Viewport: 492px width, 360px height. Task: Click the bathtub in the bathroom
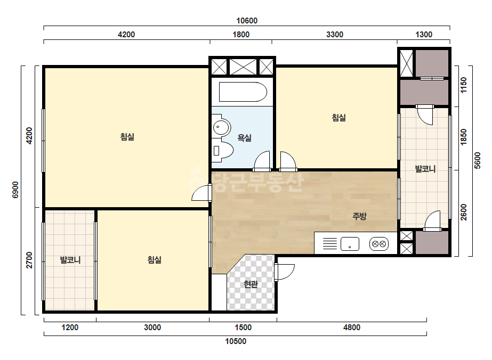click(x=243, y=92)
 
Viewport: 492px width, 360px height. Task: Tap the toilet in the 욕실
click(x=223, y=151)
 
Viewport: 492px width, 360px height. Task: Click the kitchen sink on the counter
click(x=350, y=244)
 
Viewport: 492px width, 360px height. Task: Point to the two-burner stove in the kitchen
click(x=379, y=244)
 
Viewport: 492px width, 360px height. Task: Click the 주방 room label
click(x=359, y=216)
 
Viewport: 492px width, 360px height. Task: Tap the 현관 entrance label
click(x=251, y=284)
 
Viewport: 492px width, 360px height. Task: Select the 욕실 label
click(x=245, y=138)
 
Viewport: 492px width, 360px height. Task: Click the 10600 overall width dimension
click(x=247, y=21)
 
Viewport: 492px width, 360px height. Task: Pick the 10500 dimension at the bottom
click(x=236, y=341)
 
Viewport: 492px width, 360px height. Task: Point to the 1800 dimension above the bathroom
click(x=241, y=35)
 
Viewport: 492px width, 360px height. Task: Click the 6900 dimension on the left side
click(x=15, y=190)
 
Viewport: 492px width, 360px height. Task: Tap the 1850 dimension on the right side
click(x=463, y=137)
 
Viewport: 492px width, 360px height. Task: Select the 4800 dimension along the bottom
click(x=352, y=328)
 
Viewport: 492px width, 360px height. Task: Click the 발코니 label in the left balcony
click(x=70, y=260)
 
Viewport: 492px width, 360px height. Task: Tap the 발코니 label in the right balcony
click(x=425, y=169)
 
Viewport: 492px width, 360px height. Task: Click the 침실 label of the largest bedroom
click(x=127, y=137)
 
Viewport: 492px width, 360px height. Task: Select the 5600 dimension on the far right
click(x=477, y=160)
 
